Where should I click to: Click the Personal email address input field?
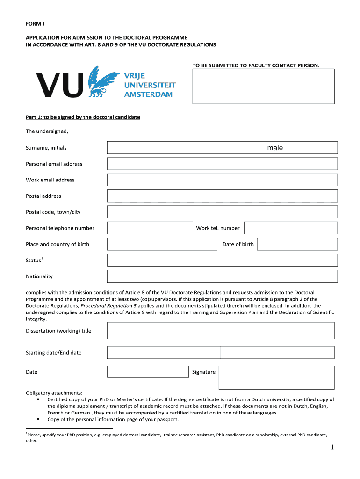click(x=222, y=164)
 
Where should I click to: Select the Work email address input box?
click(x=222, y=180)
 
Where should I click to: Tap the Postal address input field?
click(x=222, y=196)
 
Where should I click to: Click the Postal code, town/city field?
click(x=222, y=212)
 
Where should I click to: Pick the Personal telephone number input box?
click(x=150, y=228)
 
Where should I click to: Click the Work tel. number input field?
click(x=290, y=228)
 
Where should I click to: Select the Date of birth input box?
click(x=297, y=244)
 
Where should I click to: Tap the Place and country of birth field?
click(x=162, y=244)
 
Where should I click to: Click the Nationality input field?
click(x=222, y=276)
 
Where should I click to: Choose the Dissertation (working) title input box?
click(x=221, y=330)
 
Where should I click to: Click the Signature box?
click(x=276, y=377)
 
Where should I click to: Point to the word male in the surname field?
click(x=275, y=148)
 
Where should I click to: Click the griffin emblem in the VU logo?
click(x=103, y=82)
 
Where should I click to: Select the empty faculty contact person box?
click(x=264, y=86)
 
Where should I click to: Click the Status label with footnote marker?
click(x=35, y=260)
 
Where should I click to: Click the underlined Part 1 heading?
click(x=83, y=117)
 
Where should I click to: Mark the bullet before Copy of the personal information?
click(x=37, y=419)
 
